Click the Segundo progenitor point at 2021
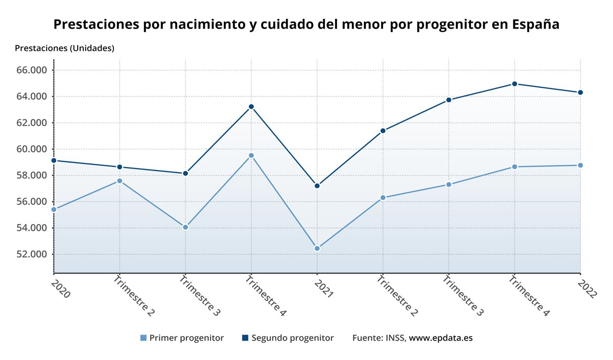pyautogui.click(x=317, y=186)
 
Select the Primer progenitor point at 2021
pyautogui.click(x=317, y=249)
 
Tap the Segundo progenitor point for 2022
pyautogui.click(x=580, y=92)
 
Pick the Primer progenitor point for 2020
pyautogui.click(x=54, y=209)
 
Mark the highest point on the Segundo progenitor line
pyautogui.click(x=514, y=84)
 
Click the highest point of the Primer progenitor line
pyautogui.click(x=251, y=155)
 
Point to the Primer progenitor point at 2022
pyautogui.click(x=580, y=165)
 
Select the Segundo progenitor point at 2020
pyautogui.click(x=54, y=160)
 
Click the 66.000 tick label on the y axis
pyautogui.click(x=32, y=70)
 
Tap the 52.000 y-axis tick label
pyautogui.click(x=32, y=254)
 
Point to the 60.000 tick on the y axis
pyautogui.click(x=32, y=149)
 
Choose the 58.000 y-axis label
pyautogui.click(x=32, y=175)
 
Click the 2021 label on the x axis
pyautogui.click(x=324, y=288)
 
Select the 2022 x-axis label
pyautogui.click(x=587, y=288)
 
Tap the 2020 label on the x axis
pyautogui.click(x=60, y=288)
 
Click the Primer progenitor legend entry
pyautogui.click(x=186, y=338)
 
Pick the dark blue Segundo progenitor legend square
pyautogui.click(x=245, y=338)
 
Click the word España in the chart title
pyautogui.click(x=536, y=25)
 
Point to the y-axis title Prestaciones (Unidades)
pyautogui.click(x=65, y=49)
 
